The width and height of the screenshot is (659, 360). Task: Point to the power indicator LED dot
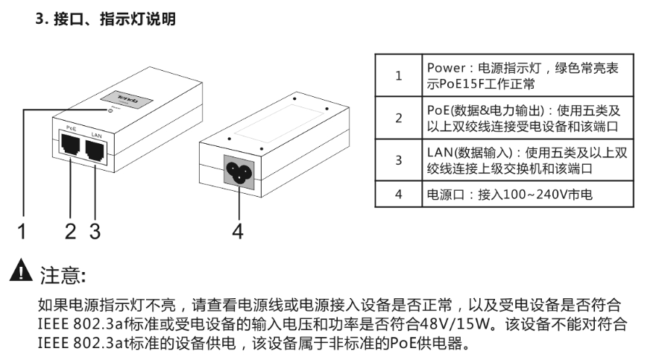click(112, 110)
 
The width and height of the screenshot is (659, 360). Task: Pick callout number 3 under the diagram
click(95, 231)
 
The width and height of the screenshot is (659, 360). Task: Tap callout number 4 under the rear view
click(237, 231)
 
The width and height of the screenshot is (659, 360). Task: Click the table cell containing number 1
click(398, 75)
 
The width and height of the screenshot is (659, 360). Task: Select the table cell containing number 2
click(398, 118)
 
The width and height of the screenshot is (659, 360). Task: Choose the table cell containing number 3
click(398, 160)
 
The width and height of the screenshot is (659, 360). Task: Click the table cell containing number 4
click(398, 195)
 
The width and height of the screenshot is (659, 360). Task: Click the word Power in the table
click(445, 68)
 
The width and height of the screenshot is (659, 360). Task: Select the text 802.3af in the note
click(101, 325)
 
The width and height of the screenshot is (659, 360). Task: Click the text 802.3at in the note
click(101, 344)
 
